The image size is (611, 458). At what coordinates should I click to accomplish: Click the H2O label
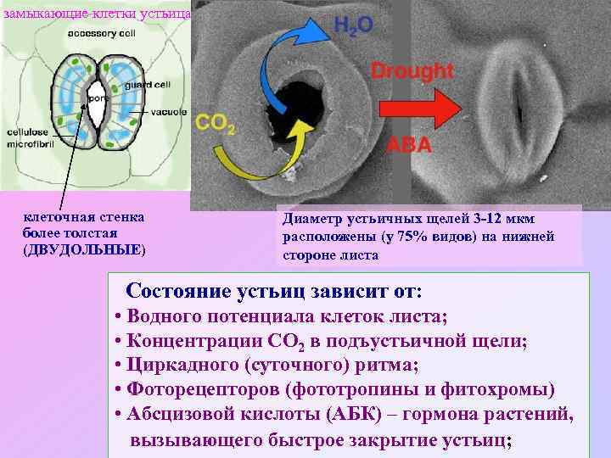point(352,25)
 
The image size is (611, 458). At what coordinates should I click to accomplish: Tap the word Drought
point(412,70)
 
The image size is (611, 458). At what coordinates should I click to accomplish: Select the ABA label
point(409,145)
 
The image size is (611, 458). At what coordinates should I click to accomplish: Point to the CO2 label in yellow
point(216,125)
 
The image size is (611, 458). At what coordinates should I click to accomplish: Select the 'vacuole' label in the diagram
point(169,112)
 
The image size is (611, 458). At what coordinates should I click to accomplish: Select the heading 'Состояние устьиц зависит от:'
point(272,291)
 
